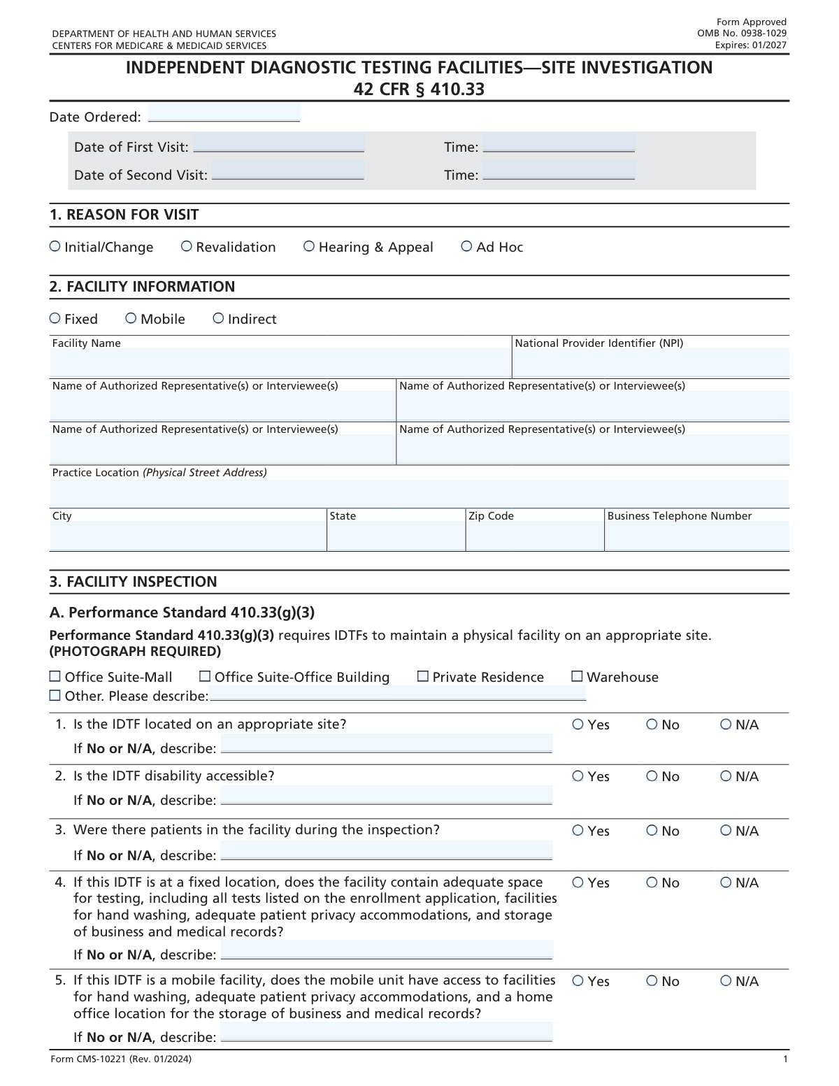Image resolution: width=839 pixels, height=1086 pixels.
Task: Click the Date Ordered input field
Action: pyautogui.click(x=224, y=113)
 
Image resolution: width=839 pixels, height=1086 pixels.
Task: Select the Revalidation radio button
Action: pyautogui.click(x=187, y=246)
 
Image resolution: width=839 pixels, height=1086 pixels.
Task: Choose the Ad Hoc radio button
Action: pyautogui.click(x=467, y=246)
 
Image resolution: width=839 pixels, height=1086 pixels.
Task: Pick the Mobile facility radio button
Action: pyautogui.click(x=131, y=318)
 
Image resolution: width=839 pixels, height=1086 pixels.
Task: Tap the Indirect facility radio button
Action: pyautogui.click(x=219, y=318)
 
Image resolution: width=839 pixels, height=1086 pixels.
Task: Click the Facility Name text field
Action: pyautogui.click(x=280, y=363)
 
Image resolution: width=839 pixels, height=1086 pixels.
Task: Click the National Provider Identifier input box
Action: pyautogui.click(x=650, y=363)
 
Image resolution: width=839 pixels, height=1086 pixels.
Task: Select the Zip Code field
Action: pyautogui.click(x=535, y=536)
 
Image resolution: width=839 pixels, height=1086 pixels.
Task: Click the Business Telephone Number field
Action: pyautogui.click(x=696, y=536)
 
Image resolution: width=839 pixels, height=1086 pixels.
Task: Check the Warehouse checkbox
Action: pyautogui.click(x=578, y=676)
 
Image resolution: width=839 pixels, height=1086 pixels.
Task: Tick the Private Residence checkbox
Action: pyautogui.click(x=423, y=676)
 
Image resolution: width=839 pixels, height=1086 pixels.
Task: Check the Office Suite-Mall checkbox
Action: pyautogui.click(x=55, y=676)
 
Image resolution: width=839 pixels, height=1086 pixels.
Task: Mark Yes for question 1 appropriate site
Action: pyautogui.click(x=578, y=724)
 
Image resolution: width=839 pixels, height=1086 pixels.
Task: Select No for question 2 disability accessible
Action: pyautogui.click(x=652, y=776)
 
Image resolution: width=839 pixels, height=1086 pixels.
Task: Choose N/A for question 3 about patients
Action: pyautogui.click(x=726, y=831)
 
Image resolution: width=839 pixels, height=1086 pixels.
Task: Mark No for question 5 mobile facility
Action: pyautogui.click(x=652, y=981)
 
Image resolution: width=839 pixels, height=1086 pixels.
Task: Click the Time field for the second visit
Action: pyautogui.click(x=559, y=171)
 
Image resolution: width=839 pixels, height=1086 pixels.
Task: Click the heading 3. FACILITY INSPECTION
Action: pyautogui.click(x=134, y=582)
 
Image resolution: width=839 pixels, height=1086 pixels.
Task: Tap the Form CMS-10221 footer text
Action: pyautogui.click(x=121, y=1059)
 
